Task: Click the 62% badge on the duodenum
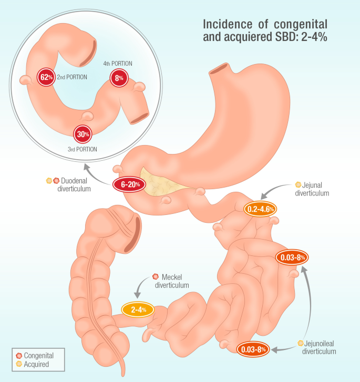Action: click(46, 77)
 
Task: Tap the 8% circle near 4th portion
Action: click(119, 78)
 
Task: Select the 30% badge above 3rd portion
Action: click(83, 134)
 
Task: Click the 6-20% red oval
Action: click(129, 184)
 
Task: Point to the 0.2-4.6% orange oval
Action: click(260, 209)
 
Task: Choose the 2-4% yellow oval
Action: click(138, 309)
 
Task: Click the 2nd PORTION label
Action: click(72, 77)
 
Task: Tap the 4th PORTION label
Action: click(118, 64)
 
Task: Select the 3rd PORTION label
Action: click(83, 149)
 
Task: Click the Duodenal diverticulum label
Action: click(74, 184)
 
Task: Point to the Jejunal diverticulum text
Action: click(312, 189)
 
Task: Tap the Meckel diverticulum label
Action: click(172, 281)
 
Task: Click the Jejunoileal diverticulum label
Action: click(319, 347)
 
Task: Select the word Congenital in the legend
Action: click(38, 356)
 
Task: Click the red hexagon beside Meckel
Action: click(155, 276)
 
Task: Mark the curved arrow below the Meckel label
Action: click(140, 283)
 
